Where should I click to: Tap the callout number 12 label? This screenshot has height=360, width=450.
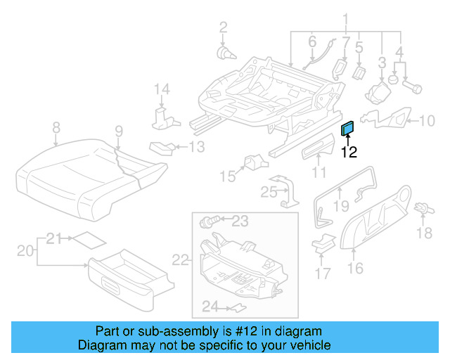coord(349,151)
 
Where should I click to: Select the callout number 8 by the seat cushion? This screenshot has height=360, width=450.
coord(56,127)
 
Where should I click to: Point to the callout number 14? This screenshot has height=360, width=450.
coord(162,89)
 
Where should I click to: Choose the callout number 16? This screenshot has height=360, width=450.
coord(356,267)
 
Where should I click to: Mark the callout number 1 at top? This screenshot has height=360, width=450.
coord(345,18)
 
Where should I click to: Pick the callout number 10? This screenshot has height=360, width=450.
coord(427,121)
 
